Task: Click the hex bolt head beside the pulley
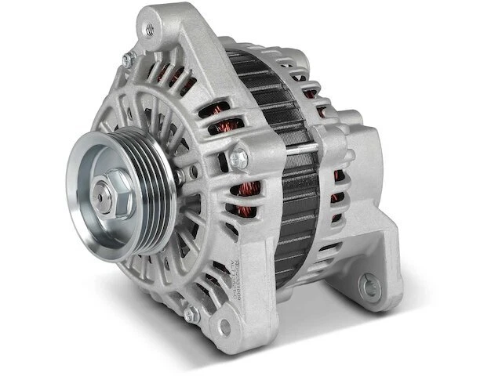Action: [238, 158]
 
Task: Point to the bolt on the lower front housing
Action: [191, 316]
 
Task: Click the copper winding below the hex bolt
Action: [249, 188]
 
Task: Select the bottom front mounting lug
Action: [220, 317]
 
